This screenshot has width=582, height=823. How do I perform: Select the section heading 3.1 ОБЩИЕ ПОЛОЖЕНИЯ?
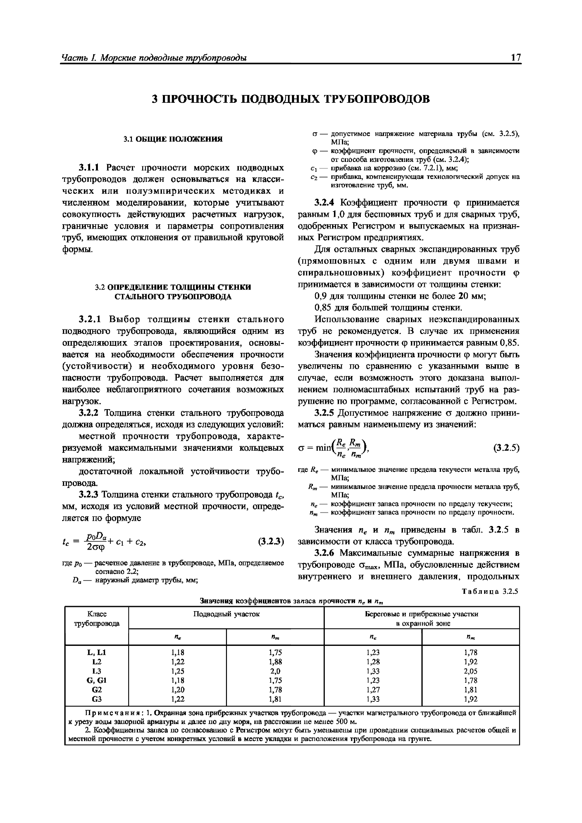point(173,139)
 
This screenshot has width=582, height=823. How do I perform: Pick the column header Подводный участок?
point(226,614)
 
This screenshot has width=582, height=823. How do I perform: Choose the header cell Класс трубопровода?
point(97,619)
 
